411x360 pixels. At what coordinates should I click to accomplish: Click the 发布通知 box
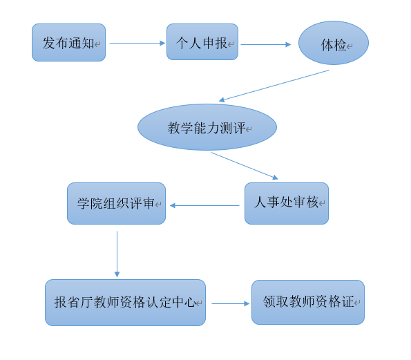(68, 42)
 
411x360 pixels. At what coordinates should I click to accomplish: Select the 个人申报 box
(202, 42)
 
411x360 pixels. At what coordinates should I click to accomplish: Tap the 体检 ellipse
(334, 43)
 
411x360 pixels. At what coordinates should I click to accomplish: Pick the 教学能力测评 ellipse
(207, 127)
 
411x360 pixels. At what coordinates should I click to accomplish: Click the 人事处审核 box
(287, 203)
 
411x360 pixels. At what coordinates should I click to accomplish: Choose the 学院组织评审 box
(116, 203)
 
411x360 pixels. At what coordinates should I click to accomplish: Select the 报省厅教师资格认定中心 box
(125, 303)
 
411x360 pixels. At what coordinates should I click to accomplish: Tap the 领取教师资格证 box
(308, 303)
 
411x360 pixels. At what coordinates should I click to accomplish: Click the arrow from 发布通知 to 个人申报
(137, 43)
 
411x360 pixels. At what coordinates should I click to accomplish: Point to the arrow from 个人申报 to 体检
(266, 45)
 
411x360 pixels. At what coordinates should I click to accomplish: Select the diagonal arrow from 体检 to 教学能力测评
(274, 86)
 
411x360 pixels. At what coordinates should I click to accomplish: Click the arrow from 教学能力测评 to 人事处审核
(245, 166)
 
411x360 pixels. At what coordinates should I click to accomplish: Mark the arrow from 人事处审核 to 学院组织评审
(204, 205)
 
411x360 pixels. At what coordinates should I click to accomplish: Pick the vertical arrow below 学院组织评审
(117, 254)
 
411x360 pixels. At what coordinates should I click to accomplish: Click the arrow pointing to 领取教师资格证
(231, 303)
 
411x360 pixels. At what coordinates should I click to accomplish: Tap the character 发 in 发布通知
(49, 43)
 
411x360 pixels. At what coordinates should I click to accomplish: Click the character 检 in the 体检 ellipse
(340, 45)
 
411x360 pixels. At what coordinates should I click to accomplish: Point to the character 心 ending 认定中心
(189, 302)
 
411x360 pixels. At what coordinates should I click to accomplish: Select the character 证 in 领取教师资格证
(347, 301)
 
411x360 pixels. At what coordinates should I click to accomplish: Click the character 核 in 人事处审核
(312, 202)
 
